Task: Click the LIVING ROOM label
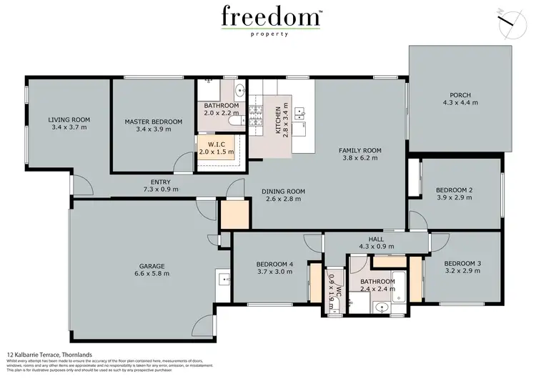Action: [69, 120]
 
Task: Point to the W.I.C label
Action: [216, 144]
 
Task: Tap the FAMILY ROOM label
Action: [360, 150]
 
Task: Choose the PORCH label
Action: [460, 95]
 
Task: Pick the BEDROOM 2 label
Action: [455, 189]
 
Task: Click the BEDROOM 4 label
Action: [275, 264]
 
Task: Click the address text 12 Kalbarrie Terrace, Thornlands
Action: [47, 354]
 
